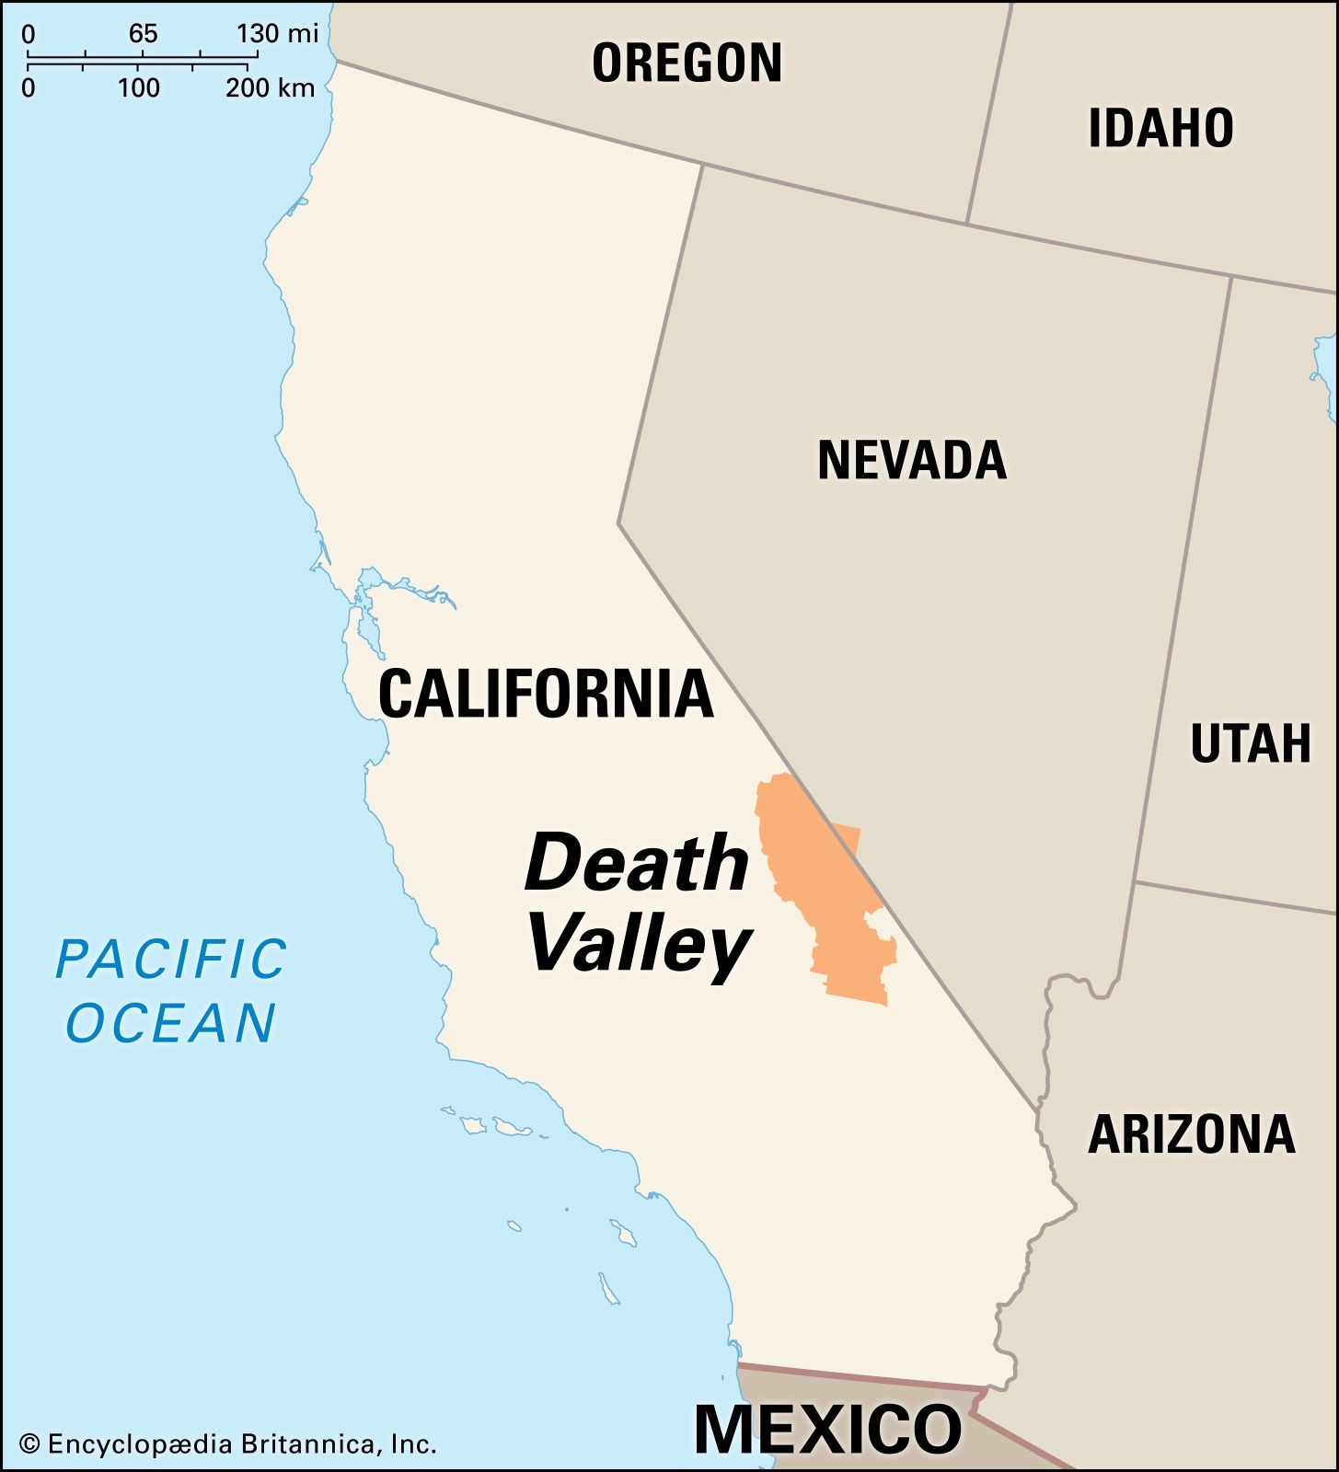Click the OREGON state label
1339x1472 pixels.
(687, 63)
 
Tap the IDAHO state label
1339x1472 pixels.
(1160, 128)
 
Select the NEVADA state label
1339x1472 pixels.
(912, 460)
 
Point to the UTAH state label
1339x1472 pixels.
(1250, 743)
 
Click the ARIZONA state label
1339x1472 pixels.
(1192, 1134)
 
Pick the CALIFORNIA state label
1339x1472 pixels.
(546, 694)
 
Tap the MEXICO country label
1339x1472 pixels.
(827, 1429)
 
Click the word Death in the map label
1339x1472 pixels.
(637, 863)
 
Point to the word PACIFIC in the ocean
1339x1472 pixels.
(172, 960)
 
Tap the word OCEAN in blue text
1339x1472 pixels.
(172, 1023)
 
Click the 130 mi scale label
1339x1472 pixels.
(277, 34)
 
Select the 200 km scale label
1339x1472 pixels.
(271, 88)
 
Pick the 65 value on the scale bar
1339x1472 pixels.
(143, 34)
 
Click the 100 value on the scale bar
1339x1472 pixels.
(139, 88)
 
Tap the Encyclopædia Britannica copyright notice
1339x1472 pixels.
(228, 1443)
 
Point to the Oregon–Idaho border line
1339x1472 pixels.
(989, 110)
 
